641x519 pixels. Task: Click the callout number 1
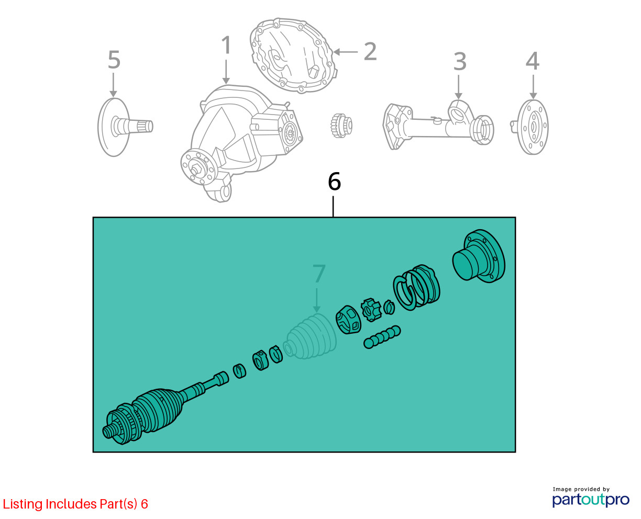(226, 45)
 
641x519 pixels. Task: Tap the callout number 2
(370, 51)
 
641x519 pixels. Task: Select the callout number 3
(460, 62)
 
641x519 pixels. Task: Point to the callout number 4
(533, 61)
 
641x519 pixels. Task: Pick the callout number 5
(114, 60)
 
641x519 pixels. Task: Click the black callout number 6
(334, 182)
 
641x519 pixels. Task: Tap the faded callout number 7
(319, 273)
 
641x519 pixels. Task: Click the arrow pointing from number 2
(346, 52)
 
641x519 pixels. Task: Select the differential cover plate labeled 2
(293, 55)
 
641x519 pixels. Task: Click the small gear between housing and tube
(341, 126)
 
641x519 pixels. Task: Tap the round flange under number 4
(531, 127)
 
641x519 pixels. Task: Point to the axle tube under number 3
(438, 126)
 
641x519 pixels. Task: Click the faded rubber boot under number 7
(310, 336)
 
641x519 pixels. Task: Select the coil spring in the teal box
(416, 287)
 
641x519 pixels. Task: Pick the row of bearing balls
(382, 337)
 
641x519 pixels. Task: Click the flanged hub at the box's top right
(479, 256)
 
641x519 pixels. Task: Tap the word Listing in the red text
(23, 504)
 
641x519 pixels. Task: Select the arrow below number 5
(113, 85)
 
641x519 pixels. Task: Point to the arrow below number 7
(316, 300)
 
